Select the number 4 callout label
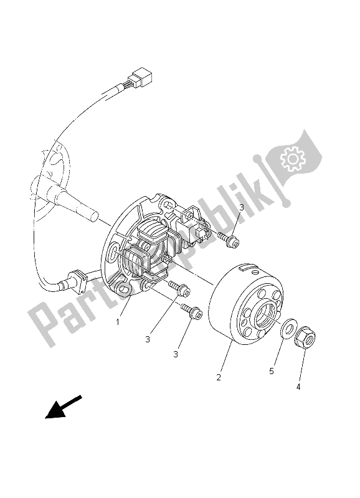pyautogui.click(x=298, y=387)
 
